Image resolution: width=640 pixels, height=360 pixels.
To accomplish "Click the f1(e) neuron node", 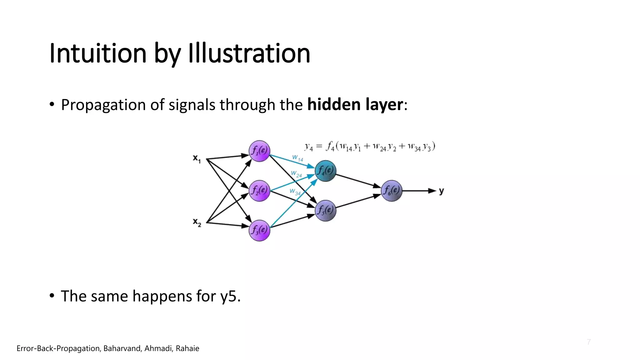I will point(259,151).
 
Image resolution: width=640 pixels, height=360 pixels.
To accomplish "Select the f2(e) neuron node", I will point(259,190).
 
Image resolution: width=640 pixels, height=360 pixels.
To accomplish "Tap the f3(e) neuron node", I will point(259,230).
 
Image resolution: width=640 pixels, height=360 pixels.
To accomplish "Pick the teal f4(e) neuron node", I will point(325,171).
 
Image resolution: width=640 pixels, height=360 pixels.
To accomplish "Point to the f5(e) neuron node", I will point(325,210).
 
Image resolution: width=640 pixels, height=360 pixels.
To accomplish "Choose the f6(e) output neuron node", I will point(392,190).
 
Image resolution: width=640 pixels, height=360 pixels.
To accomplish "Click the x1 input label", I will point(197,159).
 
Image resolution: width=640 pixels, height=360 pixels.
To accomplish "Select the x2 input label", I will point(197,222).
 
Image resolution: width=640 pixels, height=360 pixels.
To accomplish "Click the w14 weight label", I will point(297,158).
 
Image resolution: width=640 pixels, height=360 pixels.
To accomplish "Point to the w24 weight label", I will point(296,174).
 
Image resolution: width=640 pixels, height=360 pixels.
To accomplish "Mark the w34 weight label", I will point(295,192).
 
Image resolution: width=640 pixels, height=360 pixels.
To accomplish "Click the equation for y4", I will point(370,147).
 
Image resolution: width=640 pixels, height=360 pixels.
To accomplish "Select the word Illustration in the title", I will point(249,53).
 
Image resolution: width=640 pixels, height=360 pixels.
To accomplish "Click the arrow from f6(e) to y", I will point(419,191).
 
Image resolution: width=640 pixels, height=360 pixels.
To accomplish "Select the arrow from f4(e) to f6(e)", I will point(358,181).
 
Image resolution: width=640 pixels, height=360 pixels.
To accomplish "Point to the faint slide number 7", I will point(589,342).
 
